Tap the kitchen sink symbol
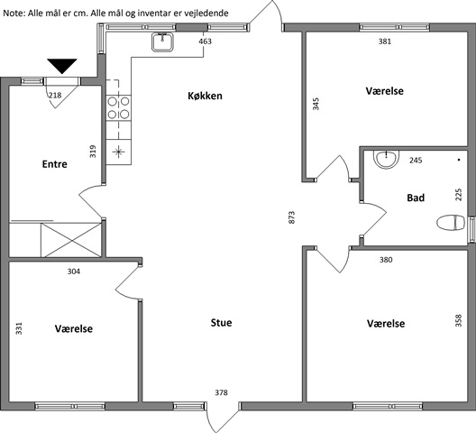click(x=162, y=41)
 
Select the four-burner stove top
click(x=118, y=108)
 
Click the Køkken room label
click(x=205, y=96)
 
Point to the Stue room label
click(x=221, y=323)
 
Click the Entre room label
click(x=55, y=164)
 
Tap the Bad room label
click(x=416, y=198)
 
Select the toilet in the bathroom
click(x=451, y=223)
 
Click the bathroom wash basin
click(x=386, y=159)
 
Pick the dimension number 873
click(x=291, y=217)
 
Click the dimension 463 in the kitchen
click(x=206, y=41)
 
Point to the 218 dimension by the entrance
click(x=55, y=96)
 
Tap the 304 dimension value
click(x=74, y=272)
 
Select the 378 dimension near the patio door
click(x=221, y=392)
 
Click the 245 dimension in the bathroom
click(x=416, y=161)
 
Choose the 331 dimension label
click(x=19, y=328)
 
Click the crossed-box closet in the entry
click(x=71, y=240)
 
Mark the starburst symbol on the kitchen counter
click(x=119, y=152)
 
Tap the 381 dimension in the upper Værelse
click(x=385, y=41)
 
